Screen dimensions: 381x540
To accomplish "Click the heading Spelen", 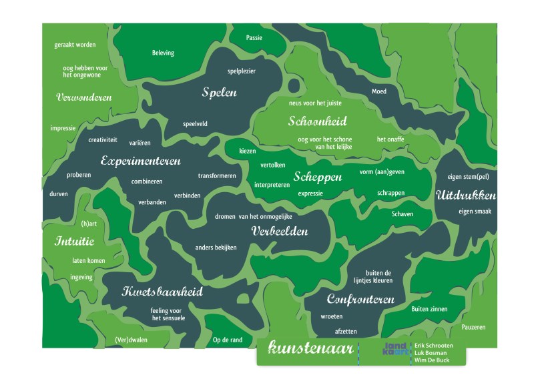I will [220, 93].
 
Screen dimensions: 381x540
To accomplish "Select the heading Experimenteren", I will [141, 161].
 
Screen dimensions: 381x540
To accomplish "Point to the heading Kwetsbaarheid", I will [162, 292].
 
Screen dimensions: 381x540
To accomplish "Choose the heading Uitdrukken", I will [466, 196].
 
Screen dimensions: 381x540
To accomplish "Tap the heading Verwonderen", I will [83, 97].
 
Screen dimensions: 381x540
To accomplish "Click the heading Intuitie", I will [69, 241].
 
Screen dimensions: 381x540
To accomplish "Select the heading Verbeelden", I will [280, 231].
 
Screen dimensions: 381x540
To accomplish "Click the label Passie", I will [254, 38].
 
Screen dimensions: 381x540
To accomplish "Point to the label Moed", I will [378, 91].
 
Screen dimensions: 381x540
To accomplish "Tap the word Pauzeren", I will [473, 327].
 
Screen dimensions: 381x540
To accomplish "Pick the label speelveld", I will [195, 123].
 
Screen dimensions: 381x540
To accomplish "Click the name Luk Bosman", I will [429, 352].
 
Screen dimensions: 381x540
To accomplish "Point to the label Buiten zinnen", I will [429, 309].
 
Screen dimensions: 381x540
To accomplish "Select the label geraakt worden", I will [75, 45].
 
